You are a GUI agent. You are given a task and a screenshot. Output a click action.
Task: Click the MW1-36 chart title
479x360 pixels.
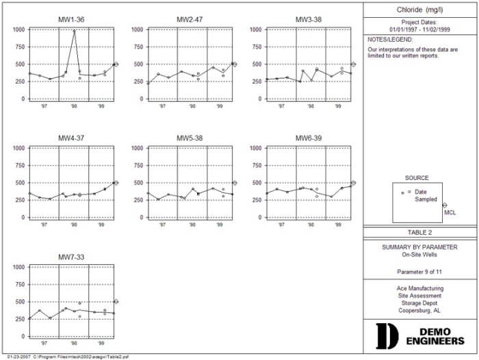(x=71, y=20)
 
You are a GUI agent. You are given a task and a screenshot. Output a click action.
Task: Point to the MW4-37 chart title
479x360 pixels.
(x=71, y=138)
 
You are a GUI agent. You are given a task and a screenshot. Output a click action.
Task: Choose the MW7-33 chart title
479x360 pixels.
(x=71, y=257)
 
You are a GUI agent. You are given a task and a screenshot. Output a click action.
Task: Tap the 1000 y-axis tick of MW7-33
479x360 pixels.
(x=18, y=267)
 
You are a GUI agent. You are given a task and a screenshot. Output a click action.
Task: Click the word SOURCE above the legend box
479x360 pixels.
(x=417, y=178)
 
